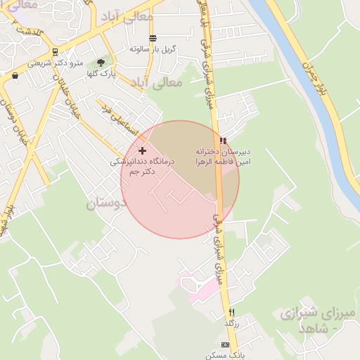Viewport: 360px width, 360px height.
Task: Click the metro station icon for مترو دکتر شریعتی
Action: [55, 53]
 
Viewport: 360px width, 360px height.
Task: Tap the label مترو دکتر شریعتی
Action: [56, 63]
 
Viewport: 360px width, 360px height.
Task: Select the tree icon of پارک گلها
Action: [101, 63]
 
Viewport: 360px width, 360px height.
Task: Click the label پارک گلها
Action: [101, 73]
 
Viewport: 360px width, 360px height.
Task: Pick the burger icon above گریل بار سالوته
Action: [153, 38]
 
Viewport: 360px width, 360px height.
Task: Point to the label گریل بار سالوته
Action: [153, 49]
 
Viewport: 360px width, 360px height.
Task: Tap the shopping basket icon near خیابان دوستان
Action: [15, 75]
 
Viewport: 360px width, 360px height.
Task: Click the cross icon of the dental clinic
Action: [143, 150]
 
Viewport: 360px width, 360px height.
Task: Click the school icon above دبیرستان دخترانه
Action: [223, 141]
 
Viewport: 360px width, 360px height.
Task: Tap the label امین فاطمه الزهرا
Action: [223, 162]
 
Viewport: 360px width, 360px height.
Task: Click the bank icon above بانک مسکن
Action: [225, 345]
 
